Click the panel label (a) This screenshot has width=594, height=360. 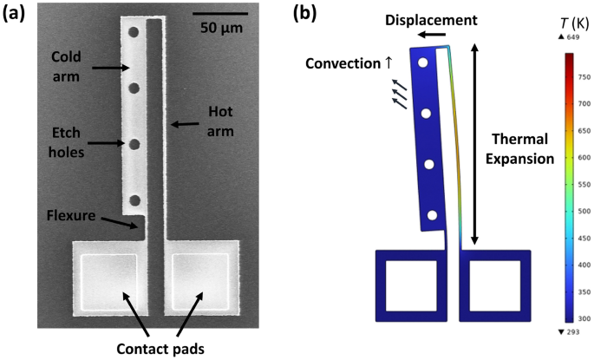coord(16,14)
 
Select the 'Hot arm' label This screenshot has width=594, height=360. coord(221,120)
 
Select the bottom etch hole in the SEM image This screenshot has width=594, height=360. coord(134,201)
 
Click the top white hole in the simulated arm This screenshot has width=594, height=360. coord(422,63)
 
